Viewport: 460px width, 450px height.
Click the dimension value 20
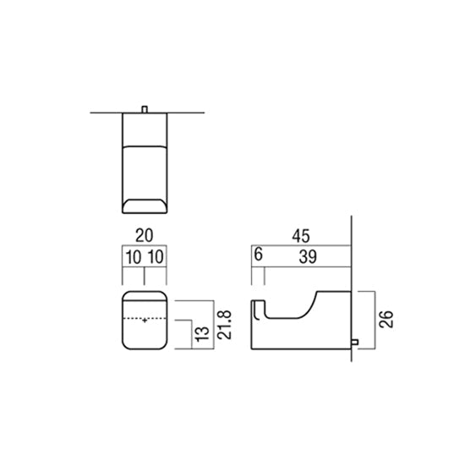144,235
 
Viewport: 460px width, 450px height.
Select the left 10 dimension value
134,257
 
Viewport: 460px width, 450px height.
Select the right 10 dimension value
156,257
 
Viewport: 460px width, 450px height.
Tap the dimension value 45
301,236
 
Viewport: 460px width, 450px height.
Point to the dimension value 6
258,255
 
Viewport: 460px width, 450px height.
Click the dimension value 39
308,257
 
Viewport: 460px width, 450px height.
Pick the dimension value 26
386,319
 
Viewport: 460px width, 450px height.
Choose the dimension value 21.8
225,325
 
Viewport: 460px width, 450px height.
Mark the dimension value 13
202,334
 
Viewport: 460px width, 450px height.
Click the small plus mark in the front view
145,321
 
